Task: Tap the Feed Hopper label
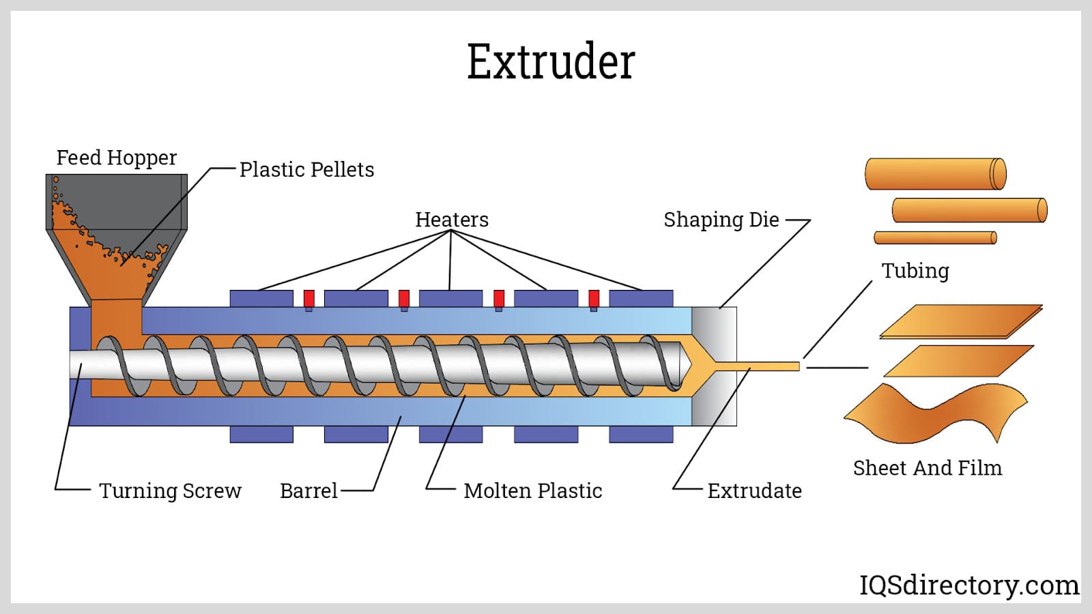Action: tap(116, 158)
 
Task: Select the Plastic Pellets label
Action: tap(306, 169)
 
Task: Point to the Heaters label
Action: tap(451, 220)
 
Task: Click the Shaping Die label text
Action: tap(721, 220)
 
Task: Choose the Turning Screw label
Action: tap(170, 491)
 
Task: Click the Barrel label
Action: tap(308, 491)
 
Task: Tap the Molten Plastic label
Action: tap(532, 491)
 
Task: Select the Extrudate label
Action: tap(754, 491)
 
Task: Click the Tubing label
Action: tap(915, 271)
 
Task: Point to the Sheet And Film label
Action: tap(927, 468)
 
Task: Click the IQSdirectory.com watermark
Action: tap(968, 585)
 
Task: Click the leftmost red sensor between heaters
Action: tap(309, 298)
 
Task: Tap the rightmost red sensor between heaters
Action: tap(594, 298)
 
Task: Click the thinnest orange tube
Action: tap(935, 237)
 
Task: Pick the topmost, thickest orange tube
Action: tap(935, 174)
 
